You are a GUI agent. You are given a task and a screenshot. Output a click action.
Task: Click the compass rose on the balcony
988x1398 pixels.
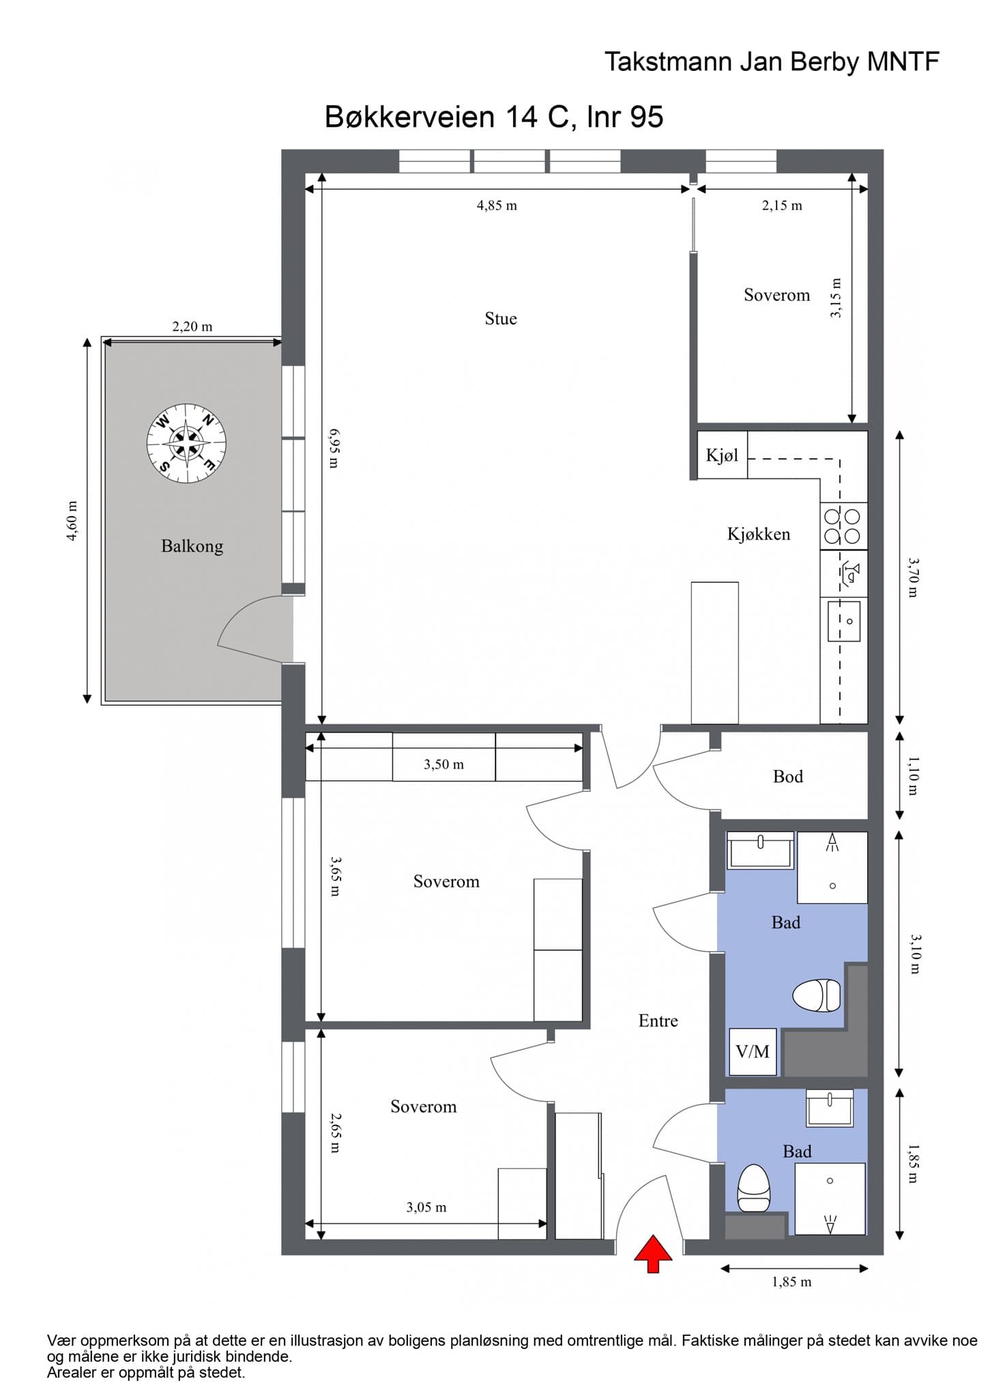[186, 444]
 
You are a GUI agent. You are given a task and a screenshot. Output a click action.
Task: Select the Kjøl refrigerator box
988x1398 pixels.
[722, 455]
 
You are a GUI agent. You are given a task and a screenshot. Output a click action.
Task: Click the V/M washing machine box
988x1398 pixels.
[753, 1052]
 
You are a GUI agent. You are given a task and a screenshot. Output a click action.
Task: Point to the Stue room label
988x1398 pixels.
[501, 319]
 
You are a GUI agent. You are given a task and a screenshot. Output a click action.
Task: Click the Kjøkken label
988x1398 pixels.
[759, 534]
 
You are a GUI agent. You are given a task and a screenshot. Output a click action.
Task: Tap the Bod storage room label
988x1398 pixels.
[788, 776]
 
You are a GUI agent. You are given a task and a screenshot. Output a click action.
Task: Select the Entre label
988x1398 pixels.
[658, 1021]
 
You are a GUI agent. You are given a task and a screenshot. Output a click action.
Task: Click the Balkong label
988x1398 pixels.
[192, 546]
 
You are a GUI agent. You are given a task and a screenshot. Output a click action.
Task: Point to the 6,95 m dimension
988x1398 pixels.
[334, 448]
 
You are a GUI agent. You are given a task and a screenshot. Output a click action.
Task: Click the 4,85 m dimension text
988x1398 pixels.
[497, 205]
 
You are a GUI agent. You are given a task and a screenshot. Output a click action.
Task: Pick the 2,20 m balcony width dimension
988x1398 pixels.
[192, 327]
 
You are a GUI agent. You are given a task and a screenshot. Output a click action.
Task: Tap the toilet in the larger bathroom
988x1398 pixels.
[816, 995]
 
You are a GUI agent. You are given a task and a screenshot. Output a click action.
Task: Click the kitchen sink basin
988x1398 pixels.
[844, 620]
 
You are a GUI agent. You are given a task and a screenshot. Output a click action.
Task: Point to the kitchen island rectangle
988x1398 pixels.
[714, 653]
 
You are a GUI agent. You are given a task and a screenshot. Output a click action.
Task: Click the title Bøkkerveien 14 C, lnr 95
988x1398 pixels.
[494, 117]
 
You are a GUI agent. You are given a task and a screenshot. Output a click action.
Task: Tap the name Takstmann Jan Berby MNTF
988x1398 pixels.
[772, 62]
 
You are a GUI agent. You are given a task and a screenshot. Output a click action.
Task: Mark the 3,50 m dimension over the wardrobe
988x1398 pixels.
[444, 765]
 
